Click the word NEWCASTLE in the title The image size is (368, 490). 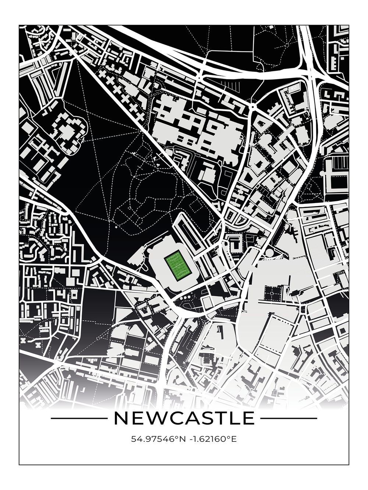(x=184, y=418)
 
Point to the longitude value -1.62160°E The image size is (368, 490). (x=213, y=439)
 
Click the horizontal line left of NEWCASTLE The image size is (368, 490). (x=78, y=418)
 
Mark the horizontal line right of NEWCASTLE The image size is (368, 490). (x=289, y=418)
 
